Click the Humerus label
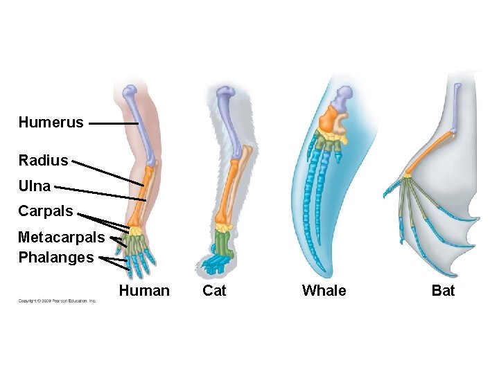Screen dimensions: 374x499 pyautogui.click(x=51, y=123)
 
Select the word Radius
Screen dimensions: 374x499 pyautogui.click(x=43, y=161)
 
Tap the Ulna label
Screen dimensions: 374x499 pyautogui.click(x=34, y=186)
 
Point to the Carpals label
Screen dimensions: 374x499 pyautogui.click(x=45, y=211)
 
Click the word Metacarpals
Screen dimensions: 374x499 pyautogui.click(x=61, y=238)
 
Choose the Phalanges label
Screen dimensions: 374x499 pyautogui.click(x=55, y=258)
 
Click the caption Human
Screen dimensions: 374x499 pyautogui.click(x=144, y=291)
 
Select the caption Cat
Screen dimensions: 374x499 pyautogui.click(x=214, y=291)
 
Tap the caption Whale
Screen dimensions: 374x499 pyautogui.click(x=324, y=291)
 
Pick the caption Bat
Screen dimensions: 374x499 pyautogui.click(x=443, y=291)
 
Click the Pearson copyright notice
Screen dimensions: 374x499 pyautogui.click(x=57, y=301)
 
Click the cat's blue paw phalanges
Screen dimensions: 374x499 pyautogui.click(x=216, y=263)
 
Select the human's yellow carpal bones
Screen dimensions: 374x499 pyautogui.click(x=137, y=229)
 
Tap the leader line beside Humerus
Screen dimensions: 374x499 pyautogui.click(x=114, y=124)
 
